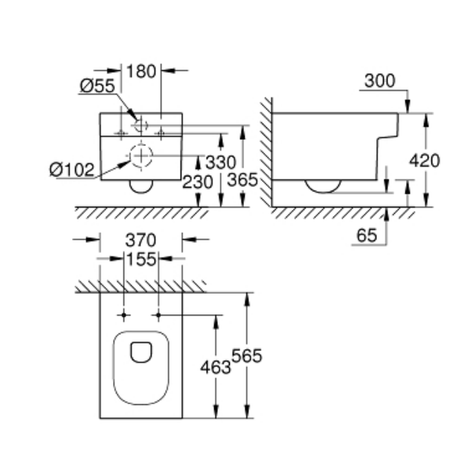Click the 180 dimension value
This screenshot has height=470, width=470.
(x=141, y=71)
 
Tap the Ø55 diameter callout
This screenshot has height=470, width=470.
(x=97, y=86)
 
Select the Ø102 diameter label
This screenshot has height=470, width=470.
(x=72, y=169)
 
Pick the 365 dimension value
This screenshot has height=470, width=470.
(x=243, y=180)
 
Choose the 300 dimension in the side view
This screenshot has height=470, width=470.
(x=380, y=81)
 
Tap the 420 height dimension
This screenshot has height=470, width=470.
(x=424, y=161)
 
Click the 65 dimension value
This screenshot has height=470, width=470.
(x=367, y=235)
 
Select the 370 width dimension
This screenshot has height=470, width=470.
(x=141, y=240)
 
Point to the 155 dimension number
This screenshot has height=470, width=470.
(x=141, y=259)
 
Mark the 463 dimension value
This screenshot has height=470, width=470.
(x=215, y=367)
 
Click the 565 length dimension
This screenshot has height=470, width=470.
(x=246, y=356)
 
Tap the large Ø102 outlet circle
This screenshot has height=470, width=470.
(x=140, y=155)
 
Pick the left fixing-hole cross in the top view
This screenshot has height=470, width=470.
(x=124, y=315)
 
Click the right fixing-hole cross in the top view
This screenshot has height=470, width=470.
(x=158, y=315)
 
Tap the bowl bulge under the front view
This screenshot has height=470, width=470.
(x=141, y=187)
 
